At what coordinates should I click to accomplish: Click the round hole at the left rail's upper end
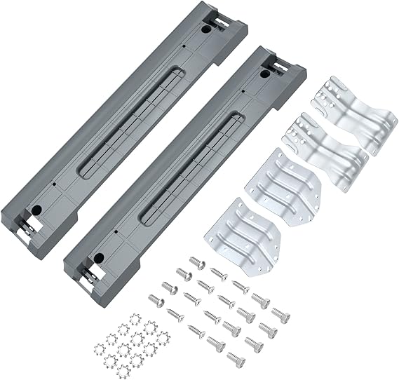click(205, 32)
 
